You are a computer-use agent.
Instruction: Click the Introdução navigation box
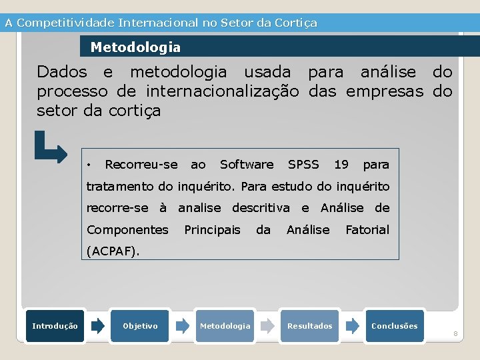click(x=55, y=326)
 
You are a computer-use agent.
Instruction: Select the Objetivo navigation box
click(x=140, y=326)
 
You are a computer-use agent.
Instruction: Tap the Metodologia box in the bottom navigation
click(x=225, y=326)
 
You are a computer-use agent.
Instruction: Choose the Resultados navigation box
click(x=309, y=326)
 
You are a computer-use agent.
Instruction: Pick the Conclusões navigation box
click(x=394, y=326)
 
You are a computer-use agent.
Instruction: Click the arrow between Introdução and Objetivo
click(x=98, y=326)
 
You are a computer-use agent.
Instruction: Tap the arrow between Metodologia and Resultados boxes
click(x=267, y=326)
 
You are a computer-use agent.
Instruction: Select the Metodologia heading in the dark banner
click(x=135, y=47)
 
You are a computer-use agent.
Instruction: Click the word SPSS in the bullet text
click(x=303, y=164)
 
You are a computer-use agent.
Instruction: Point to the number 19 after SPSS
click(x=341, y=164)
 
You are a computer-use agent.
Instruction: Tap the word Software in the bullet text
click(x=247, y=164)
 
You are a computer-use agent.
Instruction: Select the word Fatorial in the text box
click(x=367, y=229)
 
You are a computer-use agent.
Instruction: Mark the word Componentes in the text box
click(x=127, y=229)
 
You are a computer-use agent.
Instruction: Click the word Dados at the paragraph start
click(x=61, y=71)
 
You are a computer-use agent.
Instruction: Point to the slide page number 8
click(x=455, y=333)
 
